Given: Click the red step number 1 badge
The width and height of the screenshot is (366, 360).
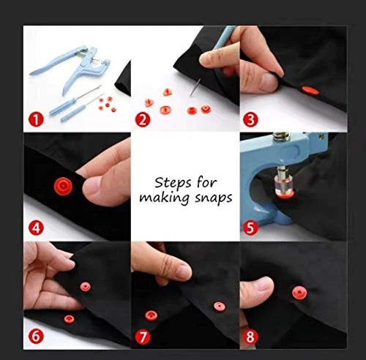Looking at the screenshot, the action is [36, 120].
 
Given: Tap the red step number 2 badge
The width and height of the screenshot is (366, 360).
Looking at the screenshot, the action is [143, 120].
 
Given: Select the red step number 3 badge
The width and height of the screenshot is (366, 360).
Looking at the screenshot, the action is [250, 120].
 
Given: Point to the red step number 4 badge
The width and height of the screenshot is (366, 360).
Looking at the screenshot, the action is [36, 228].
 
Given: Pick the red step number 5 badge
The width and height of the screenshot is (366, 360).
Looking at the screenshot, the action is [250, 228].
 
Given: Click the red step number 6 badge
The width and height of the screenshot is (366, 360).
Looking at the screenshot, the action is [36, 337].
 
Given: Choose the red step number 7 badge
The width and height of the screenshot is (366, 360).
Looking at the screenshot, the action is [143, 337].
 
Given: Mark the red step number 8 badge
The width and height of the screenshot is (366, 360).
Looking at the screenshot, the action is [250, 337].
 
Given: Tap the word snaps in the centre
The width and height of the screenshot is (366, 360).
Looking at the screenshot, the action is [213, 198].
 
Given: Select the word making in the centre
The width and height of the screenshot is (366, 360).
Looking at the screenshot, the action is [165, 198].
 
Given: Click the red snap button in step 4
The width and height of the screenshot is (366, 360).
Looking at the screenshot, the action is [63, 187].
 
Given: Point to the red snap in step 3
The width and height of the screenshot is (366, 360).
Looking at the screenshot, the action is [310, 91].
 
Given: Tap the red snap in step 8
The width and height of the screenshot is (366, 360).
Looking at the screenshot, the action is [299, 293].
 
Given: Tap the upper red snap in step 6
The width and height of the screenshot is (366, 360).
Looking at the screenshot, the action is [86, 287].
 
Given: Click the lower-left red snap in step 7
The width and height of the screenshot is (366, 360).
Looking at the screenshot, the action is [152, 315].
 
